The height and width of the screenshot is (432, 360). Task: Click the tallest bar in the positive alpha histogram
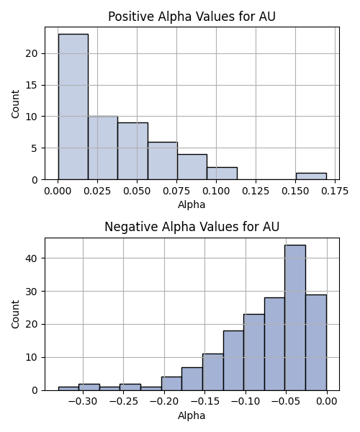[x=73, y=107]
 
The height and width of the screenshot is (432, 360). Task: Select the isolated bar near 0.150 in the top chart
[x=311, y=176]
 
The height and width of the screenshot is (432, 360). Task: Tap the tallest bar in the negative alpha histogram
[x=295, y=318]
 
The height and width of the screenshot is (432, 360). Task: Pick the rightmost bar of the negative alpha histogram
[x=316, y=343]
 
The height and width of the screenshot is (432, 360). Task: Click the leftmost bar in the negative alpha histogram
[x=68, y=389]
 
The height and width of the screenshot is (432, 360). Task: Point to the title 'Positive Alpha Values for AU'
[x=192, y=17]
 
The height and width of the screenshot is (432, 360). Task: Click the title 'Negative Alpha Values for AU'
[x=192, y=227]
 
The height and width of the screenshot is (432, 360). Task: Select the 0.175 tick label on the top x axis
[x=335, y=191]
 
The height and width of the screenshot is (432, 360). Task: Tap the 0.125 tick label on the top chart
[x=256, y=191]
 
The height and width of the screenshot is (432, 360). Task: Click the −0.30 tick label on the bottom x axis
[x=83, y=402]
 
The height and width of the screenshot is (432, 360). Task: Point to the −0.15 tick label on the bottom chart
[x=205, y=402]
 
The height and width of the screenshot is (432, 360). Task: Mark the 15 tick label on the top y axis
[x=32, y=85]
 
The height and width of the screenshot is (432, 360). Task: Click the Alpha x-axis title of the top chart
[x=192, y=204]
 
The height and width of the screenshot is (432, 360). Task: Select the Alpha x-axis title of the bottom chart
[x=192, y=415]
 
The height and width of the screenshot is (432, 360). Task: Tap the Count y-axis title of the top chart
[x=15, y=104]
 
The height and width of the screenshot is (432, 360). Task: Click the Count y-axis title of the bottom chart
[x=15, y=315]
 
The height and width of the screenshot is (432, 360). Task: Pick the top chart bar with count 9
[x=132, y=151]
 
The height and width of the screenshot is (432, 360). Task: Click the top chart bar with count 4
[x=192, y=167]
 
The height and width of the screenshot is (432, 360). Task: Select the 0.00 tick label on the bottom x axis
[x=327, y=402]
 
